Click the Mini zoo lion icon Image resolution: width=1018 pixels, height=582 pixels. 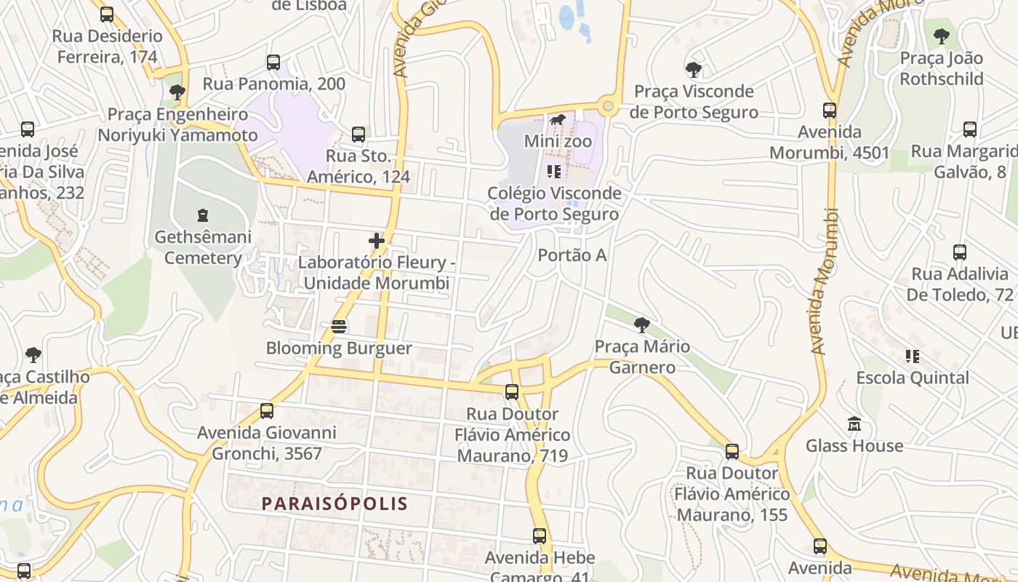(x=558, y=120)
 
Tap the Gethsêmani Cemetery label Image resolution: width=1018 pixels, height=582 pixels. (x=203, y=247)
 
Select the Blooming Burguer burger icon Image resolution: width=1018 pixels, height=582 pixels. (x=338, y=327)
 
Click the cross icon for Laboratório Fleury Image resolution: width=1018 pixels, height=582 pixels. (x=377, y=241)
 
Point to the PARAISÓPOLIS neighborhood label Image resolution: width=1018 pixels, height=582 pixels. (x=334, y=503)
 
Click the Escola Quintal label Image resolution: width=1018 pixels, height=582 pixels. (x=913, y=378)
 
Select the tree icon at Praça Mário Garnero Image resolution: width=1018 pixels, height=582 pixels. (x=641, y=324)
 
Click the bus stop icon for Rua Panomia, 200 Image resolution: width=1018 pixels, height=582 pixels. (x=273, y=63)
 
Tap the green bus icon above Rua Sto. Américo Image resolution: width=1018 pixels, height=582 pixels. (x=358, y=134)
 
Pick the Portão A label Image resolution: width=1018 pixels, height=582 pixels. (x=572, y=255)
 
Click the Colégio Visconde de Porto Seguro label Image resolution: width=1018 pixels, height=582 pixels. (x=554, y=204)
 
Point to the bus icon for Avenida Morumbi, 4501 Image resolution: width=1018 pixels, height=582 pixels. (x=830, y=111)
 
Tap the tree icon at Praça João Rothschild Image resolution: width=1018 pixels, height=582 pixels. (x=942, y=36)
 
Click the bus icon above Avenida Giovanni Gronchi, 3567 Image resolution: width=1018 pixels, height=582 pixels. (x=267, y=410)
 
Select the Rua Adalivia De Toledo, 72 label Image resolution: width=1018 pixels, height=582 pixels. (x=960, y=284)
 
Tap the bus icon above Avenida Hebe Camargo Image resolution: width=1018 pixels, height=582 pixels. (x=540, y=536)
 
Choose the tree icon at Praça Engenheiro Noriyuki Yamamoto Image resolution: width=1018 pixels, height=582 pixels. (x=177, y=92)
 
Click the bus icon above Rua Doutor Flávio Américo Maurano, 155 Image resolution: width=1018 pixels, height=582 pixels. (x=732, y=451)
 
